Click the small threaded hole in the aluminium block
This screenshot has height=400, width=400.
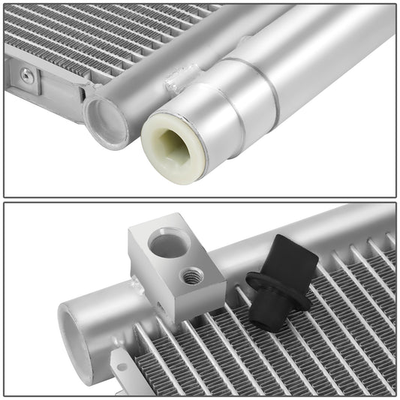coord(191,277)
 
